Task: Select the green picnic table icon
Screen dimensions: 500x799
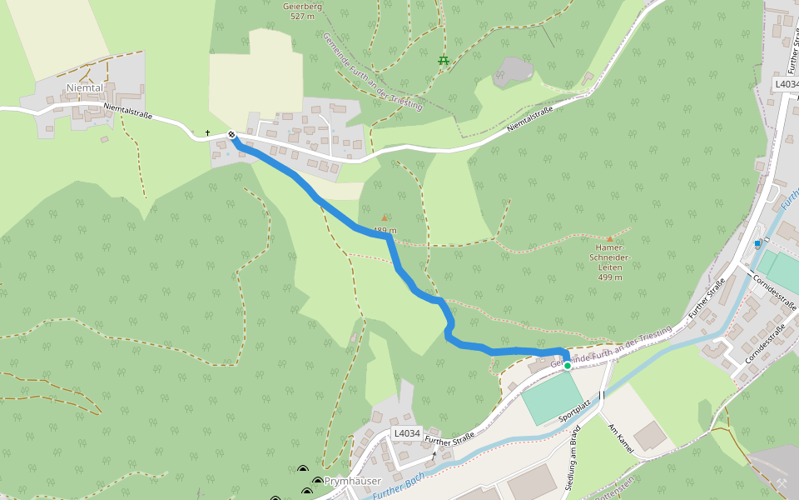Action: click(x=444, y=60)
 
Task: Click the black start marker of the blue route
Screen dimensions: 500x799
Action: click(x=231, y=135)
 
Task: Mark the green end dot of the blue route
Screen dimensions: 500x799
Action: click(x=568, y=365)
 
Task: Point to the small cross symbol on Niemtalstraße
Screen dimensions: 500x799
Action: click(x=208, y=132)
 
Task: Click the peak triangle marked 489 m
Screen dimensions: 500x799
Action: click(x=385, y=218)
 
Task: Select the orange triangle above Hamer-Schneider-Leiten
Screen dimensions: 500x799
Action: click(x=609, y=238)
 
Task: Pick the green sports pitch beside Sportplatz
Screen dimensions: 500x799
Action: click(x=552, y=398)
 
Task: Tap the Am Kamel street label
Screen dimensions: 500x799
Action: click(x=622, y=437)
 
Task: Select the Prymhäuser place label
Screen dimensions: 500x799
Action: click(x=352, y=482)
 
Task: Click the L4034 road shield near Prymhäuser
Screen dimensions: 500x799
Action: click(x=407, y=433)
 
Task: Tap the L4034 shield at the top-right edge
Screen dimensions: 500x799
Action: click(x=786, y=84)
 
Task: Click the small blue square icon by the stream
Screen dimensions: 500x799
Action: click(x=757, y=243)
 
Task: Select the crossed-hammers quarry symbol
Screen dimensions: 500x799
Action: click(x=782, y=482)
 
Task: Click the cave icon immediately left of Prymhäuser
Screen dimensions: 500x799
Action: click(x=318, y=482)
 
